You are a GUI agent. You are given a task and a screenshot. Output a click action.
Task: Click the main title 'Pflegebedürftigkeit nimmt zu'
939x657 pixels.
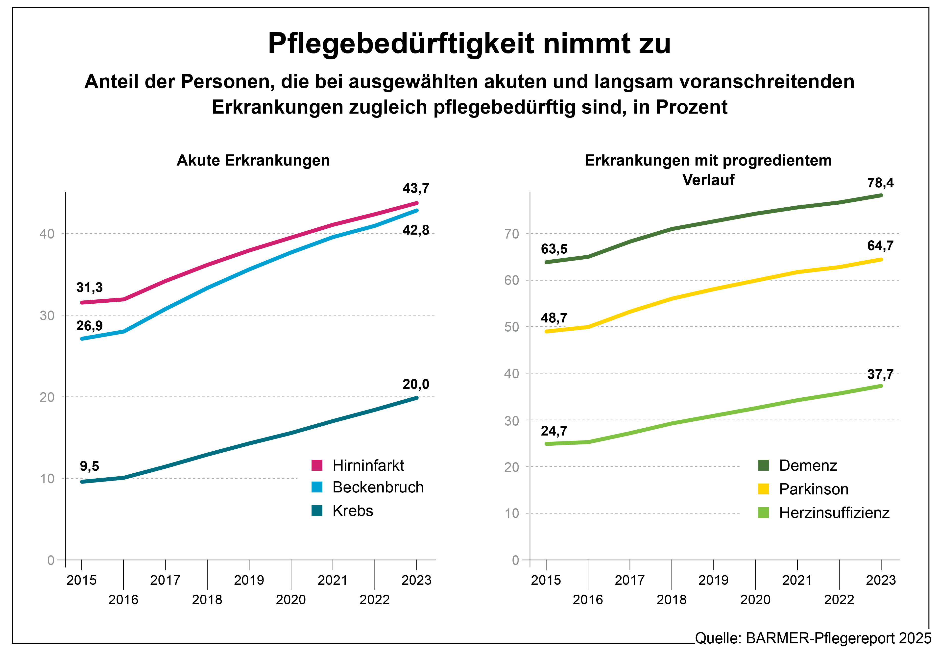[469, 43]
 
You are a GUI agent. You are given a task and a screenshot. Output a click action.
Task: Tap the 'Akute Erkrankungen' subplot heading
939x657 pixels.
[253, 160]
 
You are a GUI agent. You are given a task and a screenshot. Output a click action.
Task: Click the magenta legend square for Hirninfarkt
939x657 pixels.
[317, 465]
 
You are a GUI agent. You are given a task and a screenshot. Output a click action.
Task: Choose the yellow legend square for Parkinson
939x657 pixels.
[763, 489]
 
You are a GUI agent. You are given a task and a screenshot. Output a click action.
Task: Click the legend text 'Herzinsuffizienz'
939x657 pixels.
[834, 512]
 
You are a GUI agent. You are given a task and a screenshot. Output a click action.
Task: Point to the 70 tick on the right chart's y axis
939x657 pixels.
[512, 234]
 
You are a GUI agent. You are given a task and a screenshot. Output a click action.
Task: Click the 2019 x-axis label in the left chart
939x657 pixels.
[249, 580]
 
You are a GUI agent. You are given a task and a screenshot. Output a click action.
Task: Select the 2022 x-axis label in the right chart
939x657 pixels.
[839, 600]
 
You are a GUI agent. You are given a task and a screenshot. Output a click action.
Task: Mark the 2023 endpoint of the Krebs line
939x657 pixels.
[417, 398]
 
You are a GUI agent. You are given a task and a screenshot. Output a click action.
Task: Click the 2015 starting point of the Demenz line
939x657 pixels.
[546, 262]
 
